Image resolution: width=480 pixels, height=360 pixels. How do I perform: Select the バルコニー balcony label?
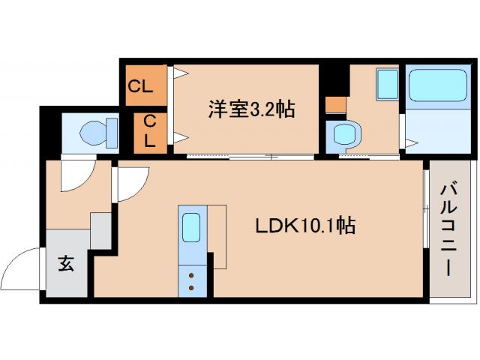[448, 228]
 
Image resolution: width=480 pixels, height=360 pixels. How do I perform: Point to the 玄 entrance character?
[66, 264]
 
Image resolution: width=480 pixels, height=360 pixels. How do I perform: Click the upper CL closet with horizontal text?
[140, 86]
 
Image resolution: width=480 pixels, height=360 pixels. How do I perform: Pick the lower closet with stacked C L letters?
[150, 130]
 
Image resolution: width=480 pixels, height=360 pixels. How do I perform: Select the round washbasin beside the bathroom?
[344, 136]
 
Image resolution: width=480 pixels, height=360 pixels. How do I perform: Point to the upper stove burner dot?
[191, 274]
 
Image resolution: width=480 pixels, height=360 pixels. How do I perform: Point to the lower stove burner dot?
[191, 287]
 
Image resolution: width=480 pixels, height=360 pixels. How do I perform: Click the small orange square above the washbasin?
[335, 104]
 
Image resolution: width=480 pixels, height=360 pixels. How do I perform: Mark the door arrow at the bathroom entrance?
[409, 140]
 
